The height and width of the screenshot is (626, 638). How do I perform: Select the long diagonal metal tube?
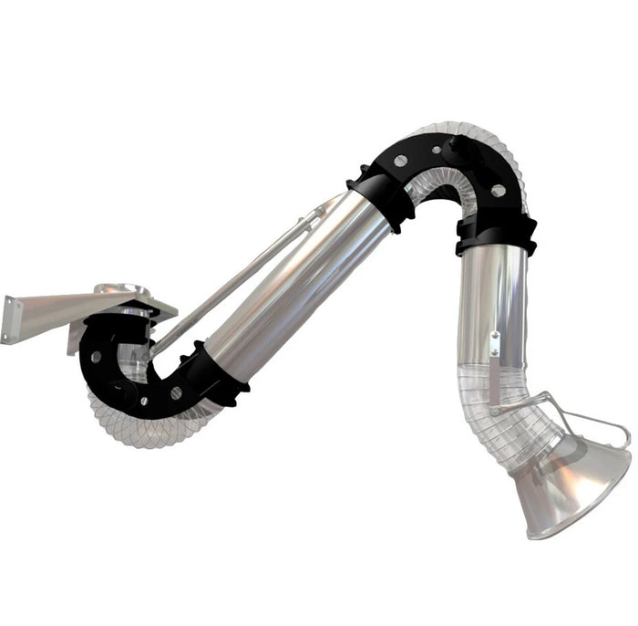(292, 283)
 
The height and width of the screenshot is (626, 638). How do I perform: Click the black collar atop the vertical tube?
(497, 235)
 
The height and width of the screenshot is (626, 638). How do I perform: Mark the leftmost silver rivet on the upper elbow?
(400, 162)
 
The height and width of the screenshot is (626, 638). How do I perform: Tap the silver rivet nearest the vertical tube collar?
(498, 191)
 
